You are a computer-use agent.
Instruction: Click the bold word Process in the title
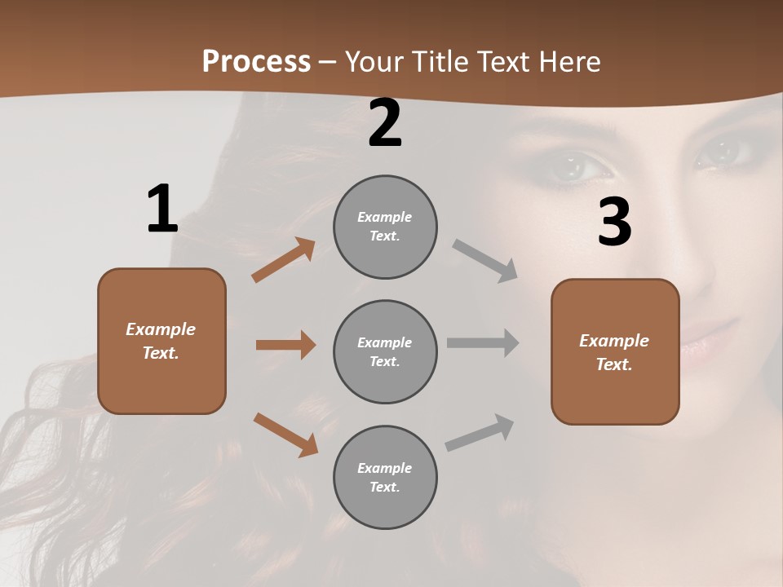click(256, 61)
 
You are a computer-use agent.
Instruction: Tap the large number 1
click(161, 209)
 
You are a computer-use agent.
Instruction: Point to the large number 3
click(614, 223)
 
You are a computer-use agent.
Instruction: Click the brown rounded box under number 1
click(161, 341)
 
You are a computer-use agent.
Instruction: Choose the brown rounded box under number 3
click(615, 351)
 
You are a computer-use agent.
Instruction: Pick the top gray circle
click(385, 227)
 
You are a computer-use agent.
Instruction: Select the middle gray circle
click(385, 351)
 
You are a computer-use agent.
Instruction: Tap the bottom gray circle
click(385, 477)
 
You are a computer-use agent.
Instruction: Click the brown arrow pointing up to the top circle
click(284, 260)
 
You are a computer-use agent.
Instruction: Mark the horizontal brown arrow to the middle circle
click(285, 345)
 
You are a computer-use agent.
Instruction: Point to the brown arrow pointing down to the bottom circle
click(285, 435)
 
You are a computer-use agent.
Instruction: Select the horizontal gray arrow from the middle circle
click(483, 343)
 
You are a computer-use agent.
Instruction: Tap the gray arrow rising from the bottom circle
click(480, 433)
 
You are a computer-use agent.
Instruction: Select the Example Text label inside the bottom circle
click(385, 477)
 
